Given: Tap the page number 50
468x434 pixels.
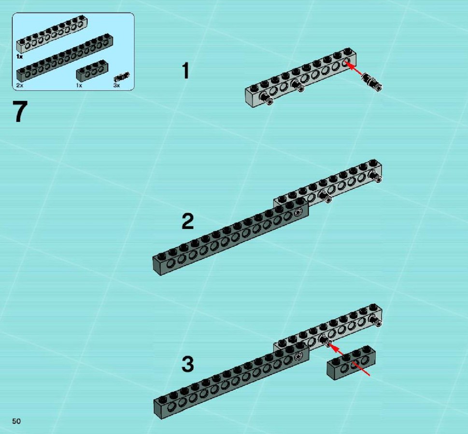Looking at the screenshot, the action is point(16,421).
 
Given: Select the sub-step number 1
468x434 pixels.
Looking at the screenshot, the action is point(185,70).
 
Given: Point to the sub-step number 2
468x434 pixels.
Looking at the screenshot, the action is point(188,221).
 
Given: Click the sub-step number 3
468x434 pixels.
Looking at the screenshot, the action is point(188,364).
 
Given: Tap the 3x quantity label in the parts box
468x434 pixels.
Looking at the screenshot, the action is point(116,85).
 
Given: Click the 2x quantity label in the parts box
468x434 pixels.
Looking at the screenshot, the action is point(20,85).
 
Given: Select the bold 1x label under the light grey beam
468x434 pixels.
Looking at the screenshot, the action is point(19,56).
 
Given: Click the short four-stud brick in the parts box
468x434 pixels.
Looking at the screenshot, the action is point(92,71).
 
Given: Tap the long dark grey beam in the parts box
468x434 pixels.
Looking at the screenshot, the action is point(64,57).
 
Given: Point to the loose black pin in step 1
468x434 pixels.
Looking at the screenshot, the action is point(372,82).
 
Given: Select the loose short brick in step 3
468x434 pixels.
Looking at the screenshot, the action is point(351,363).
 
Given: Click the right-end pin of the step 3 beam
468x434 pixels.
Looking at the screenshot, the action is point(376,320).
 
